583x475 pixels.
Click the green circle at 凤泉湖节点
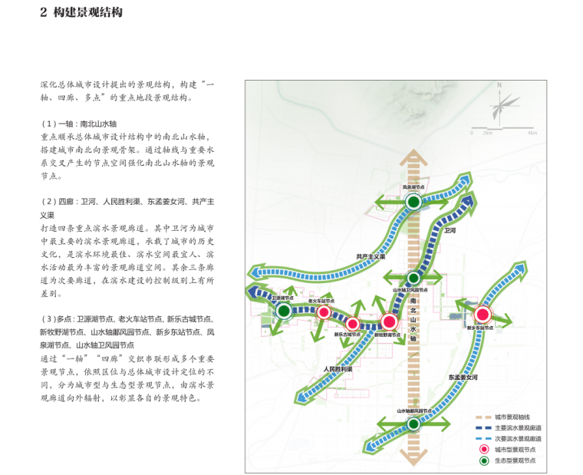point(413,202)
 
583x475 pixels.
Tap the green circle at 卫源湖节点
point(284,311)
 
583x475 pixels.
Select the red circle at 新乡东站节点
point(483,314)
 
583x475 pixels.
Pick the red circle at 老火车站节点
point(324,312)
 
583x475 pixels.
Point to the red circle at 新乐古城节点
point(353,324)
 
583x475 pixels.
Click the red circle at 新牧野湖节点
point(389,322)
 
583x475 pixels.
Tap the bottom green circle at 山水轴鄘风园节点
point(413,424)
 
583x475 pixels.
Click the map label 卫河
point(450,229)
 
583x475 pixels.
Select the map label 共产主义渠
point(370,256)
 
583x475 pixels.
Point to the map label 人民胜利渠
point(338,369)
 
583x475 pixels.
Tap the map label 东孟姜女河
point(463,378)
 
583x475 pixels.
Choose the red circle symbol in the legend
point(483,449)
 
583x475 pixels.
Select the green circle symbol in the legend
point(483,460)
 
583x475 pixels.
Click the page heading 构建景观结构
point(87,13)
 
